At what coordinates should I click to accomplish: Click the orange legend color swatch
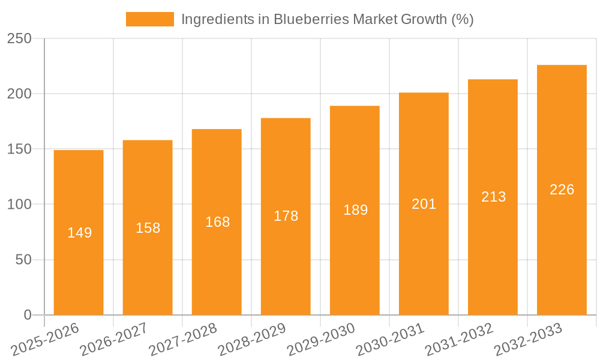[x=149, y=19]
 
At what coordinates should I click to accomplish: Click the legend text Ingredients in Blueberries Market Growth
[x=327, y=19]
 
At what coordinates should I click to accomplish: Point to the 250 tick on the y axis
[x=24, y=38]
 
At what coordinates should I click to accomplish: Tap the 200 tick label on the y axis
[x=24, y=94]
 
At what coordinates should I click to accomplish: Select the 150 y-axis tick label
[x=24, y=149]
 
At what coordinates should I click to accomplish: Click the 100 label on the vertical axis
[x=24, y=205]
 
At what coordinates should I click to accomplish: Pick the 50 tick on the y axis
[x=28, y=260]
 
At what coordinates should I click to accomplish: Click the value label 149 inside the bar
[x=79, y=233]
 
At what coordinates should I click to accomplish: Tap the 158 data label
[x=148, y=228]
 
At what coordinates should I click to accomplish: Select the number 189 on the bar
[x=355, y=210]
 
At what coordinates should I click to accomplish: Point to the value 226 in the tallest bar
[x=562, y=190]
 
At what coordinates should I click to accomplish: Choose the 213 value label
[x=493, y=197]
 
